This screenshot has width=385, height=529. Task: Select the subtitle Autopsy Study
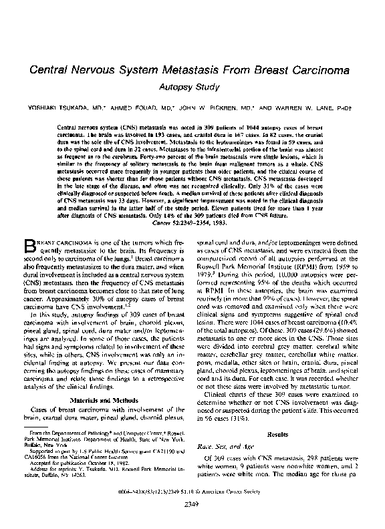pyautogui.click(x=192, y=87)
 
